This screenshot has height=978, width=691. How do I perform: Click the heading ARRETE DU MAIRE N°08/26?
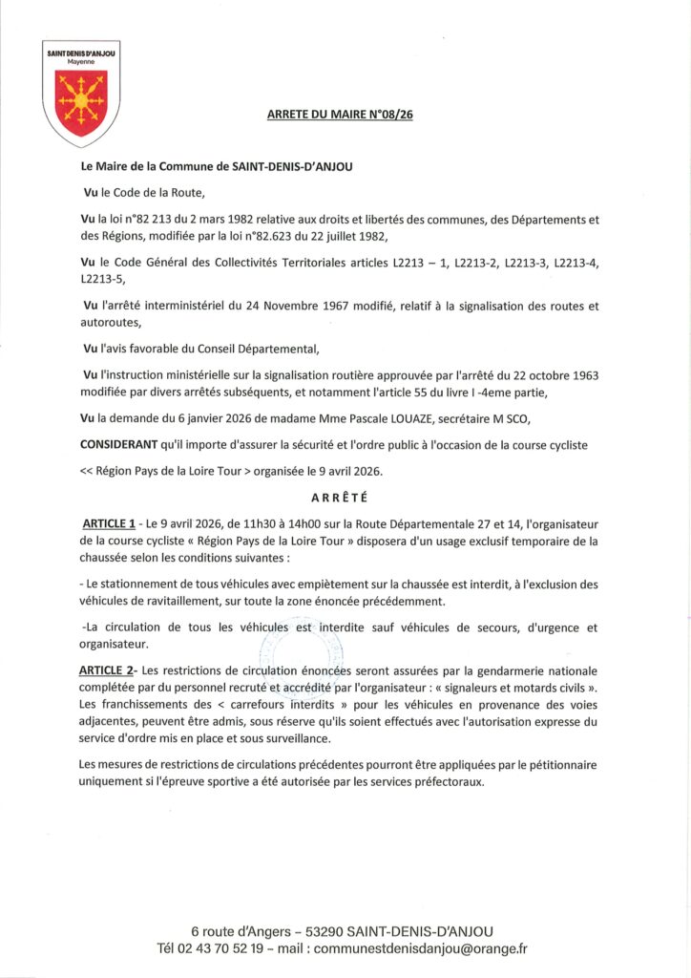click(345, 116)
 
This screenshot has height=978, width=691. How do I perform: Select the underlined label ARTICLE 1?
click(109, 523)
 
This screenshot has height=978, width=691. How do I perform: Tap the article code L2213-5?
click(102, 281)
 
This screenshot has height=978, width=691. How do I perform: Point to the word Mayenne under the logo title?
click(80, 61)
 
